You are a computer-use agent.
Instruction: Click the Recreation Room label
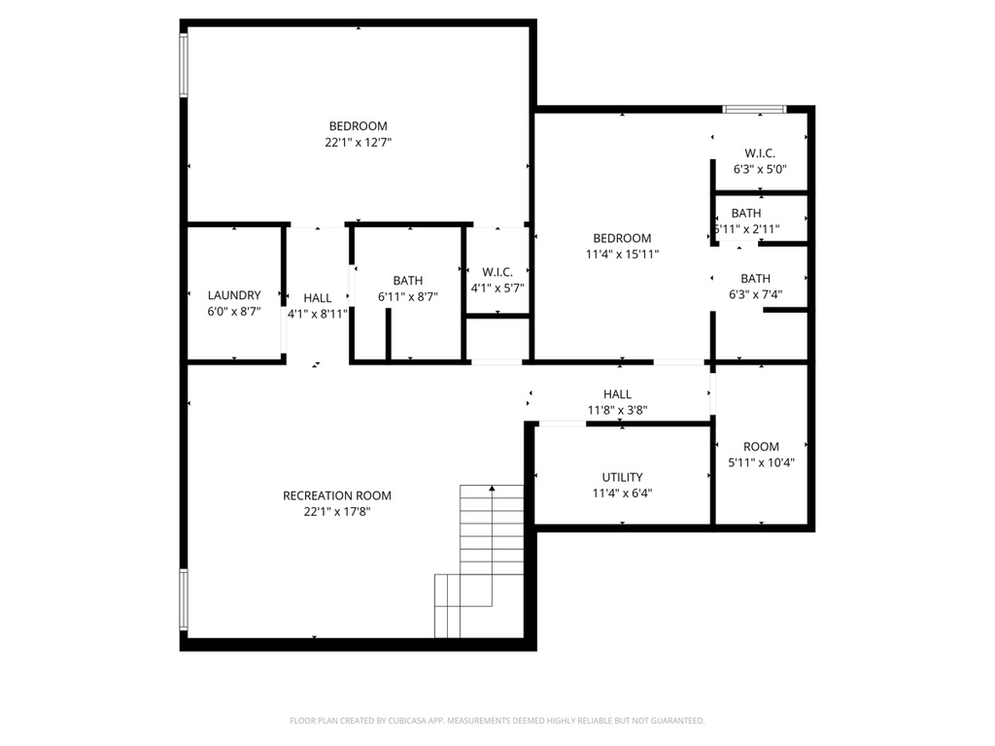tap(337, 495)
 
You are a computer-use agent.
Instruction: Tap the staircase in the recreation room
tap(481, 559)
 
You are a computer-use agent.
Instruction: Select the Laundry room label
tap(234, 295)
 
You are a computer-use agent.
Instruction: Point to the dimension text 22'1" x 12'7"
tap(358, 142)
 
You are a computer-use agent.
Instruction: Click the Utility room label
tap(622, 477)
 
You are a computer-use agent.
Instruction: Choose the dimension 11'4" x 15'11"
tap(622, 254)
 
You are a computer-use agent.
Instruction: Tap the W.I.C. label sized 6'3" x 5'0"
tap(760, 153)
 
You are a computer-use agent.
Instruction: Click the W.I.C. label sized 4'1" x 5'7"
tap(497, 271)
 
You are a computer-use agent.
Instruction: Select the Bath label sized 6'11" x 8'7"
tap(408, 281)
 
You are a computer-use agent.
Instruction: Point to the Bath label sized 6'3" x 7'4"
tap(755, 279)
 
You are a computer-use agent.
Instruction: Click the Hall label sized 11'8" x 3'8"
tap(617, 394)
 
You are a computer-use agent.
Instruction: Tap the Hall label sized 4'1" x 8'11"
tap(317, 298)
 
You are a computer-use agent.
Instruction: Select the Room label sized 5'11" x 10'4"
tap(761, 447)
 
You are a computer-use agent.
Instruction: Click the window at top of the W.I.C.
tap(754, 109)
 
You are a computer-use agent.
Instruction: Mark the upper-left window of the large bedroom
tap(183, 66)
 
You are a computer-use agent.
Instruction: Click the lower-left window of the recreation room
tap(183, 600)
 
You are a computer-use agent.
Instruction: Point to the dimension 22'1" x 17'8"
tap(337, 511)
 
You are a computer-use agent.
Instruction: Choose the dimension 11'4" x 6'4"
tap(622, 492)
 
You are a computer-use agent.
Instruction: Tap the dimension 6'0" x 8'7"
tap(234, 312)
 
